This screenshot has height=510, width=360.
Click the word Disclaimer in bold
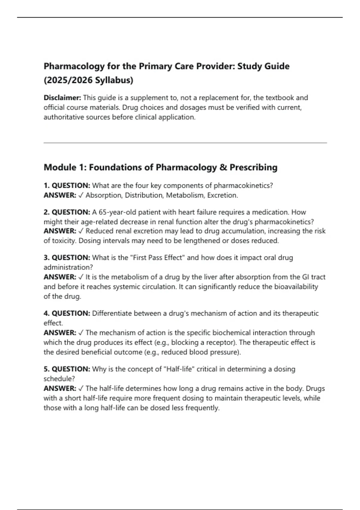click(62, 98)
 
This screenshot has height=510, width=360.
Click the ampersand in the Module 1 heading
click(223, 167)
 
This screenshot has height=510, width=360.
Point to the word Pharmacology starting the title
click(74, 66)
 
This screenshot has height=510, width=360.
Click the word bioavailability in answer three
click(296, 287)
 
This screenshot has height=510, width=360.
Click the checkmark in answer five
click(81, 388)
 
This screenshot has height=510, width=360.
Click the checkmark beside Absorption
click(81, 195)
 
